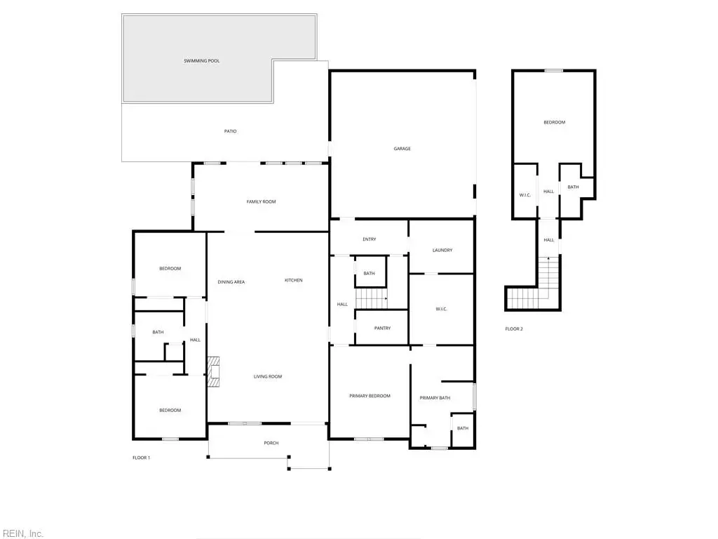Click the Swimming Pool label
[x=201, y=60]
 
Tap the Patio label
[x=230, y=131]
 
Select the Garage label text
[x=402, y=149]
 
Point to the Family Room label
[x=261, y=201]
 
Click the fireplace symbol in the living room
[x=213, y=372]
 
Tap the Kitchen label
[x=294, y=280]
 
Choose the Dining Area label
[x=231, y=282]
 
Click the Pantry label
[x=382, y=328]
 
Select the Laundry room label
[x=442, y=251]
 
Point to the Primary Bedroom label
[x=370, y=396]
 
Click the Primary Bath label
[x=435, y=398]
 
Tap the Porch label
[x=271, y=444]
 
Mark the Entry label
[x=370, y=239]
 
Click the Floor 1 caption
[x=141, y=458]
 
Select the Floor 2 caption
[x=514, y=329]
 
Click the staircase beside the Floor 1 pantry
[x=372, y=298]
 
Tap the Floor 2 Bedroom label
[x=555, y=122]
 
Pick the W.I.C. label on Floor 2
[x=524, y=195]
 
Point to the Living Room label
[x=268, y=377]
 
